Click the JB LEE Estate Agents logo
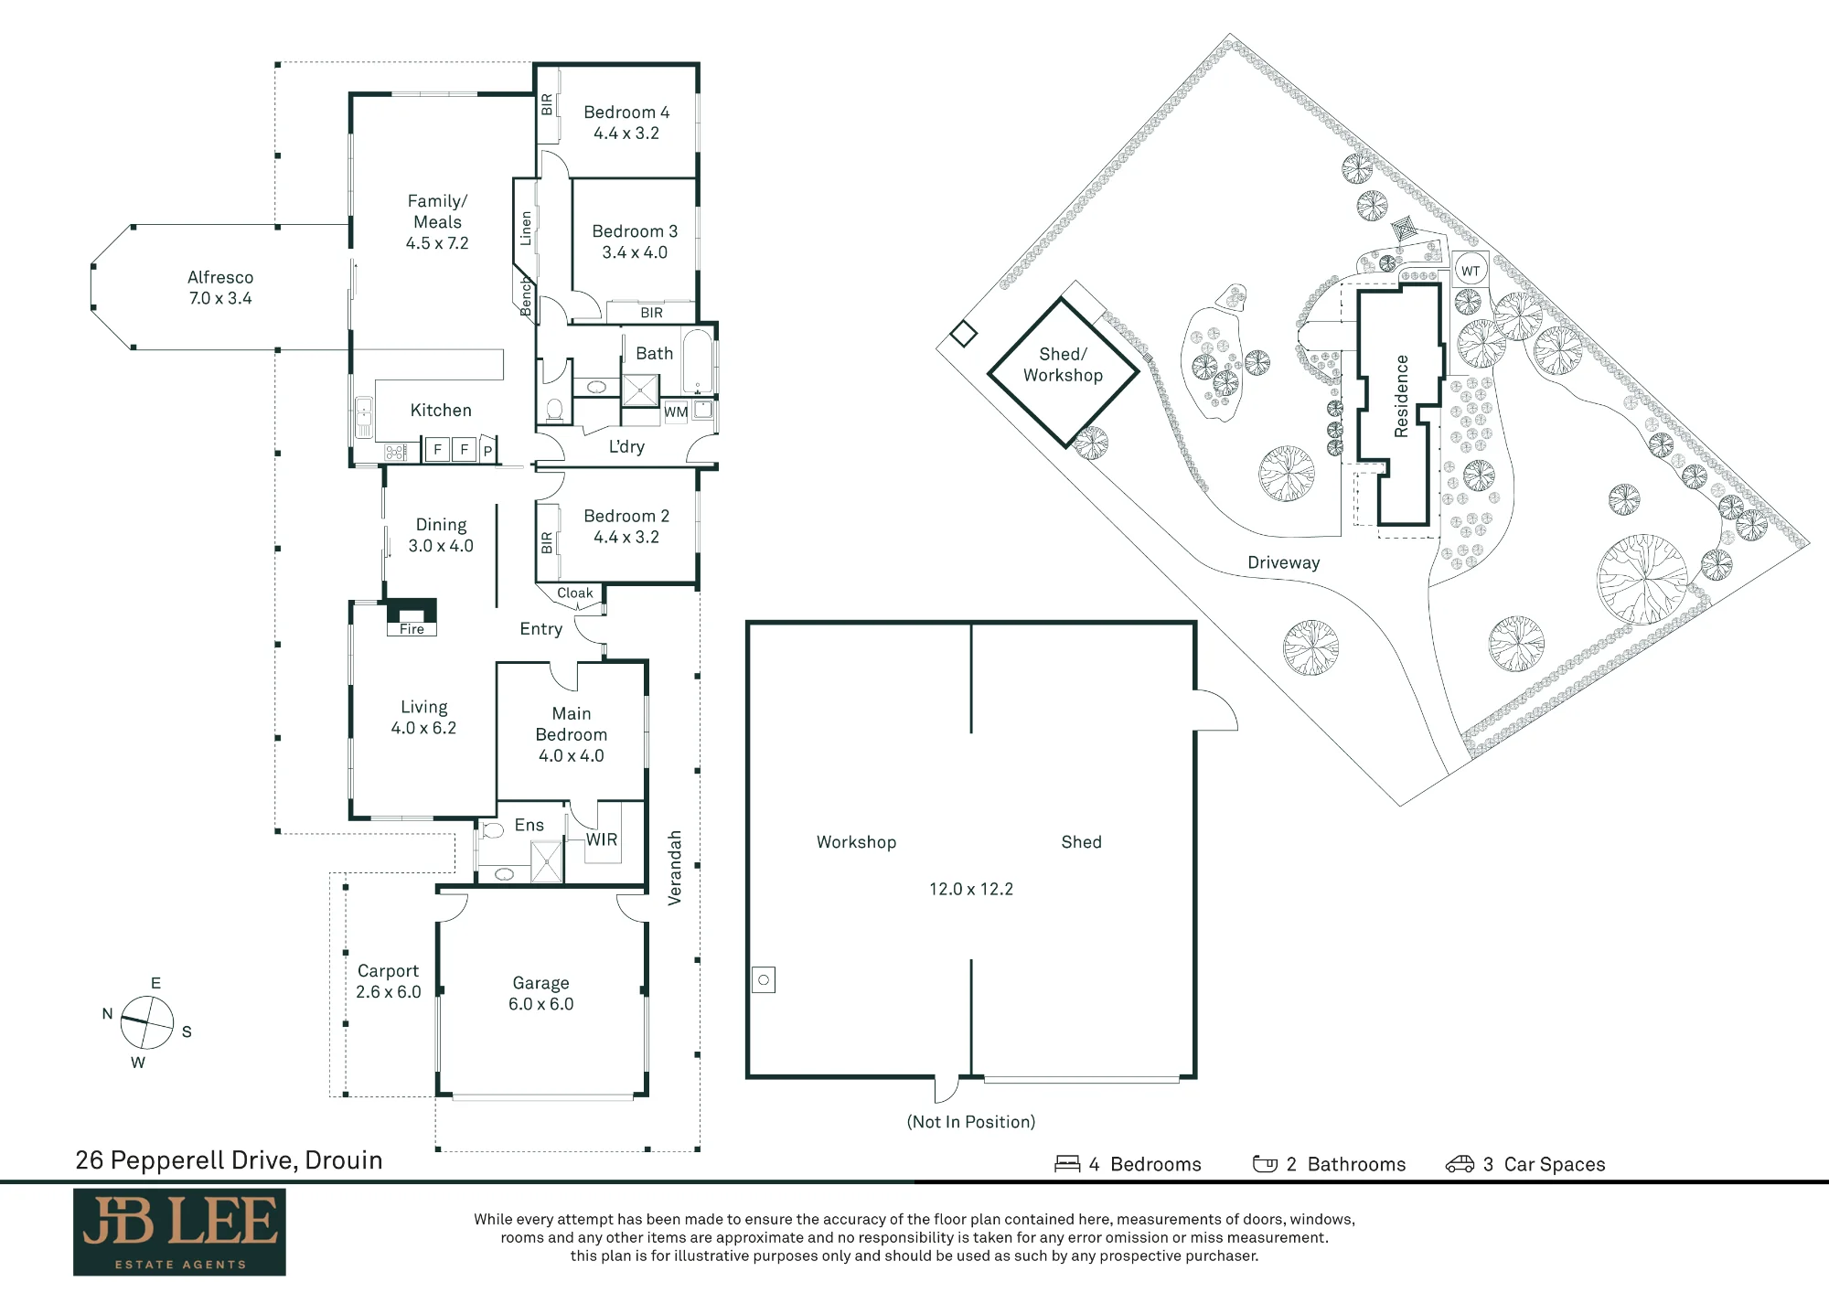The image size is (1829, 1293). point(179,1232)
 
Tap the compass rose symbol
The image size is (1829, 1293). point(146,1022)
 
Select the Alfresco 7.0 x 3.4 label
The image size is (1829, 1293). point(220,287)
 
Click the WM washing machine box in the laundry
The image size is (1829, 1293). point(676,412)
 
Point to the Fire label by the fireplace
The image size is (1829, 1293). point(412,629)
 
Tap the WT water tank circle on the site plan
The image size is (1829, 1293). point(1471,271)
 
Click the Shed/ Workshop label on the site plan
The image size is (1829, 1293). point(1063,365)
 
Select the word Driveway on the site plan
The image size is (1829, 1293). point(1284,562)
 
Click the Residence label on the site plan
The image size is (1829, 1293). point(1401,396)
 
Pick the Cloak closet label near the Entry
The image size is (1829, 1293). point(575,593)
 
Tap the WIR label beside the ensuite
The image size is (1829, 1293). point(602,839)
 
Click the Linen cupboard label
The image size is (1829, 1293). point(526,229)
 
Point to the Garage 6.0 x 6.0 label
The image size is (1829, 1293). point(541,993)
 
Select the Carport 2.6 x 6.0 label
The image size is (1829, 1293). point(389,981)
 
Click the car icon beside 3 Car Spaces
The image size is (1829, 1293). point(1460,1164)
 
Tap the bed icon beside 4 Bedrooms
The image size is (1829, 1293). point(1067,1164)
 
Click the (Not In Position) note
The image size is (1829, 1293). point(971,1122)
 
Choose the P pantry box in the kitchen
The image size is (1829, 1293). point(488,450)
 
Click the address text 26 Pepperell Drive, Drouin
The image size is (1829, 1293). point(229,1160)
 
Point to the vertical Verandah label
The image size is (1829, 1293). point(675,868)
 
